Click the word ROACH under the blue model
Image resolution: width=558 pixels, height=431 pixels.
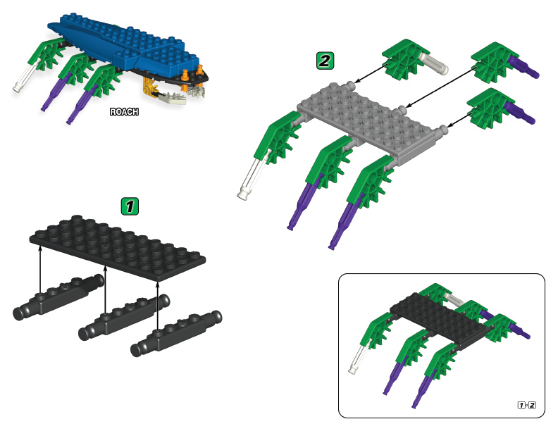(124, 112)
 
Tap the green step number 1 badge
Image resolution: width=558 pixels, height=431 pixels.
(130, 206)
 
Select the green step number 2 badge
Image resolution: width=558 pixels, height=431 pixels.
(325, 61)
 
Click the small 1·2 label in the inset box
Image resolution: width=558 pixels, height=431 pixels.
(527, 405)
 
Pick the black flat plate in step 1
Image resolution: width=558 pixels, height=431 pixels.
(118, 247)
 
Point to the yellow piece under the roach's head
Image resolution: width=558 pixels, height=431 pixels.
(149, 87)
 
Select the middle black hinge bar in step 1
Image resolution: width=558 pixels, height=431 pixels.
(124, 317)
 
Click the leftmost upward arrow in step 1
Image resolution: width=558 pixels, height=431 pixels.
(40, 270)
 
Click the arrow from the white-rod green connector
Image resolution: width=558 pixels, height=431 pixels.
(371, 73)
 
